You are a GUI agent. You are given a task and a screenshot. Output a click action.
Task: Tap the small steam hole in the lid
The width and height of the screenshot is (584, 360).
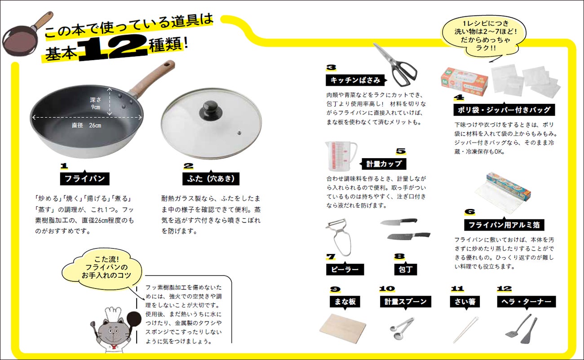pyautogui.click(x=239, y=133)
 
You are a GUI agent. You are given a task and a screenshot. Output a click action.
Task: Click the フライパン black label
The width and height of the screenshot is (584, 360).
pyautogui.click(x=85, y=179)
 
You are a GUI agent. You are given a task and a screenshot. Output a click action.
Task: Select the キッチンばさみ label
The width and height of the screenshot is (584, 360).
pyautogui.click(x=355, y=80)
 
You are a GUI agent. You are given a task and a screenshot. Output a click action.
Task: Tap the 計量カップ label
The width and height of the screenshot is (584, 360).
pyautogui.click(x=384, y=164)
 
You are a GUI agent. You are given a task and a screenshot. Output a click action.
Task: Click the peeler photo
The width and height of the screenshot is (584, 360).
pyautogui.click(x=339, y=237)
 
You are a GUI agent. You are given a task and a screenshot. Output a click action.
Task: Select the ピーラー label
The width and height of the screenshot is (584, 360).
pyautogui.click(x=345, y=270)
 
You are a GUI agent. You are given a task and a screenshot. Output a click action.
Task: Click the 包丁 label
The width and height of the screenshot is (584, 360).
pyautogui.click(x=405, y=270)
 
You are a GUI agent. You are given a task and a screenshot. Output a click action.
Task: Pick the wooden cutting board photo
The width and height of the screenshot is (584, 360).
pyautogui.click(x=343, y=328)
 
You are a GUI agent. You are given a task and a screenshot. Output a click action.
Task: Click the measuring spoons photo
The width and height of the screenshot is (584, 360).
pyautogui.click(x=402, y=329)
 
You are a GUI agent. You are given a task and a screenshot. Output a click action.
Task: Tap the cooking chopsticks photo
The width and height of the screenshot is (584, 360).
pyautogui.click(x=466, y=329)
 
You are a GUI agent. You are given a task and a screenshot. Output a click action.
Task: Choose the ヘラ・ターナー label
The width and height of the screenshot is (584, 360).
pyautogui.click(x=526, y=302)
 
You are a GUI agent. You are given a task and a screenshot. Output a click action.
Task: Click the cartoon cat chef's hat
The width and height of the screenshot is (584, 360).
pyautogui.click(x=113, y=314)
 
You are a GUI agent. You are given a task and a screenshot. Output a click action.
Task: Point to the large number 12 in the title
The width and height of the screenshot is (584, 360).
pyautogui.click(x=113, y=48)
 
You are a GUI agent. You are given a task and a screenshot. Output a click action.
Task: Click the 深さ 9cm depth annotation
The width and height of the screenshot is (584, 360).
pyautogui.click(x=95, y=103)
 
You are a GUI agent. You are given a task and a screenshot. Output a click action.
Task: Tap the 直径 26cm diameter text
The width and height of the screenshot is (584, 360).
pyautogui.click(x=86, y=125)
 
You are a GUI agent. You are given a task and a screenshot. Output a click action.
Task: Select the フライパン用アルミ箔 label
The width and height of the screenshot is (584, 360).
pyautogui.click(x=504, y=225)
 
